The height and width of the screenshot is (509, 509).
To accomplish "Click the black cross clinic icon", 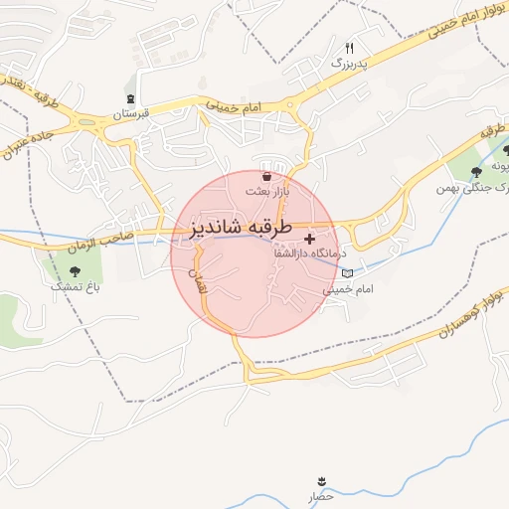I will (x=311, y=239).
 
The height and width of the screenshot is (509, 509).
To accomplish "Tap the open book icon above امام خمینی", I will (x=347, y=273).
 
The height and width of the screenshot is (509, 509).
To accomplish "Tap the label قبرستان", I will (x=130, y=113).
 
